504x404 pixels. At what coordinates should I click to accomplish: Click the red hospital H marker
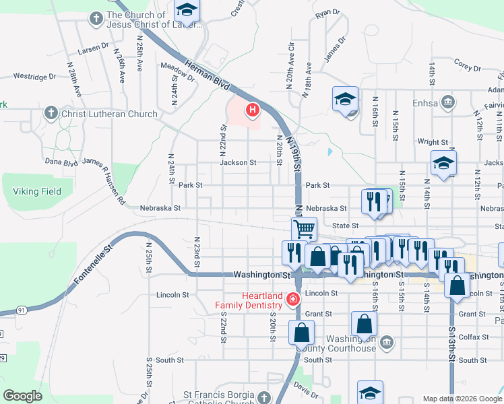(x=253, y=109)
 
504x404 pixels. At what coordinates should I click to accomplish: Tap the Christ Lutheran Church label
(x=109, y=114)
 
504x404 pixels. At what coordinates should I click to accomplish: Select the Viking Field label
(x=37, y=191)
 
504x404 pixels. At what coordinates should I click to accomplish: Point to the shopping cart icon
(x=304, y=228)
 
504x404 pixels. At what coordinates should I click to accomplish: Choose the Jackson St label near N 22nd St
(x=238, y=162)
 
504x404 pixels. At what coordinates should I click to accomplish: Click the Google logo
(x=23, y=396)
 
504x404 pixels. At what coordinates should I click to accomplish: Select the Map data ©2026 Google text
(x=462, y=399)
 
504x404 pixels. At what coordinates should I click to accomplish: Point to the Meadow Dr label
(x=177, y=71)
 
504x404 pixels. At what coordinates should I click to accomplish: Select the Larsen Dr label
(x=93, y=47)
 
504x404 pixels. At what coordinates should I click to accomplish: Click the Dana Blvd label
(x=61, y=162)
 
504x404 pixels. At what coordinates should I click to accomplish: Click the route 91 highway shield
(x=22, y=310)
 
